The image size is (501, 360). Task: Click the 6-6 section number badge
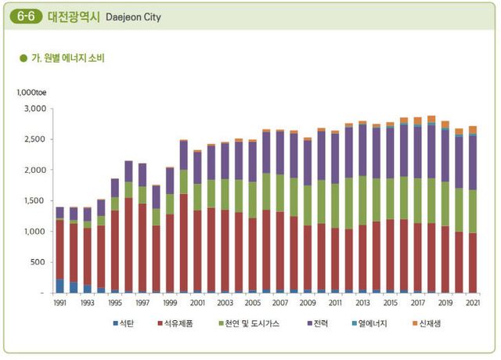pyautogui.click(x=30, y=16)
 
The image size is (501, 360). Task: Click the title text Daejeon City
pyautogui.click(x=133, y=16)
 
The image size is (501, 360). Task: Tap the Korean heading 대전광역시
pyautogui.click(x=75, y=16)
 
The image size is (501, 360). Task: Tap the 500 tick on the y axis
pyautogui.click(x=38, y=262)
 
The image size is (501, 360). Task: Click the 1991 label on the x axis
pyautogui.click(x=59, y=302)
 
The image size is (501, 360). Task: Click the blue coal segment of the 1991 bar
pyautogui.click(x=59, y=286)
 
